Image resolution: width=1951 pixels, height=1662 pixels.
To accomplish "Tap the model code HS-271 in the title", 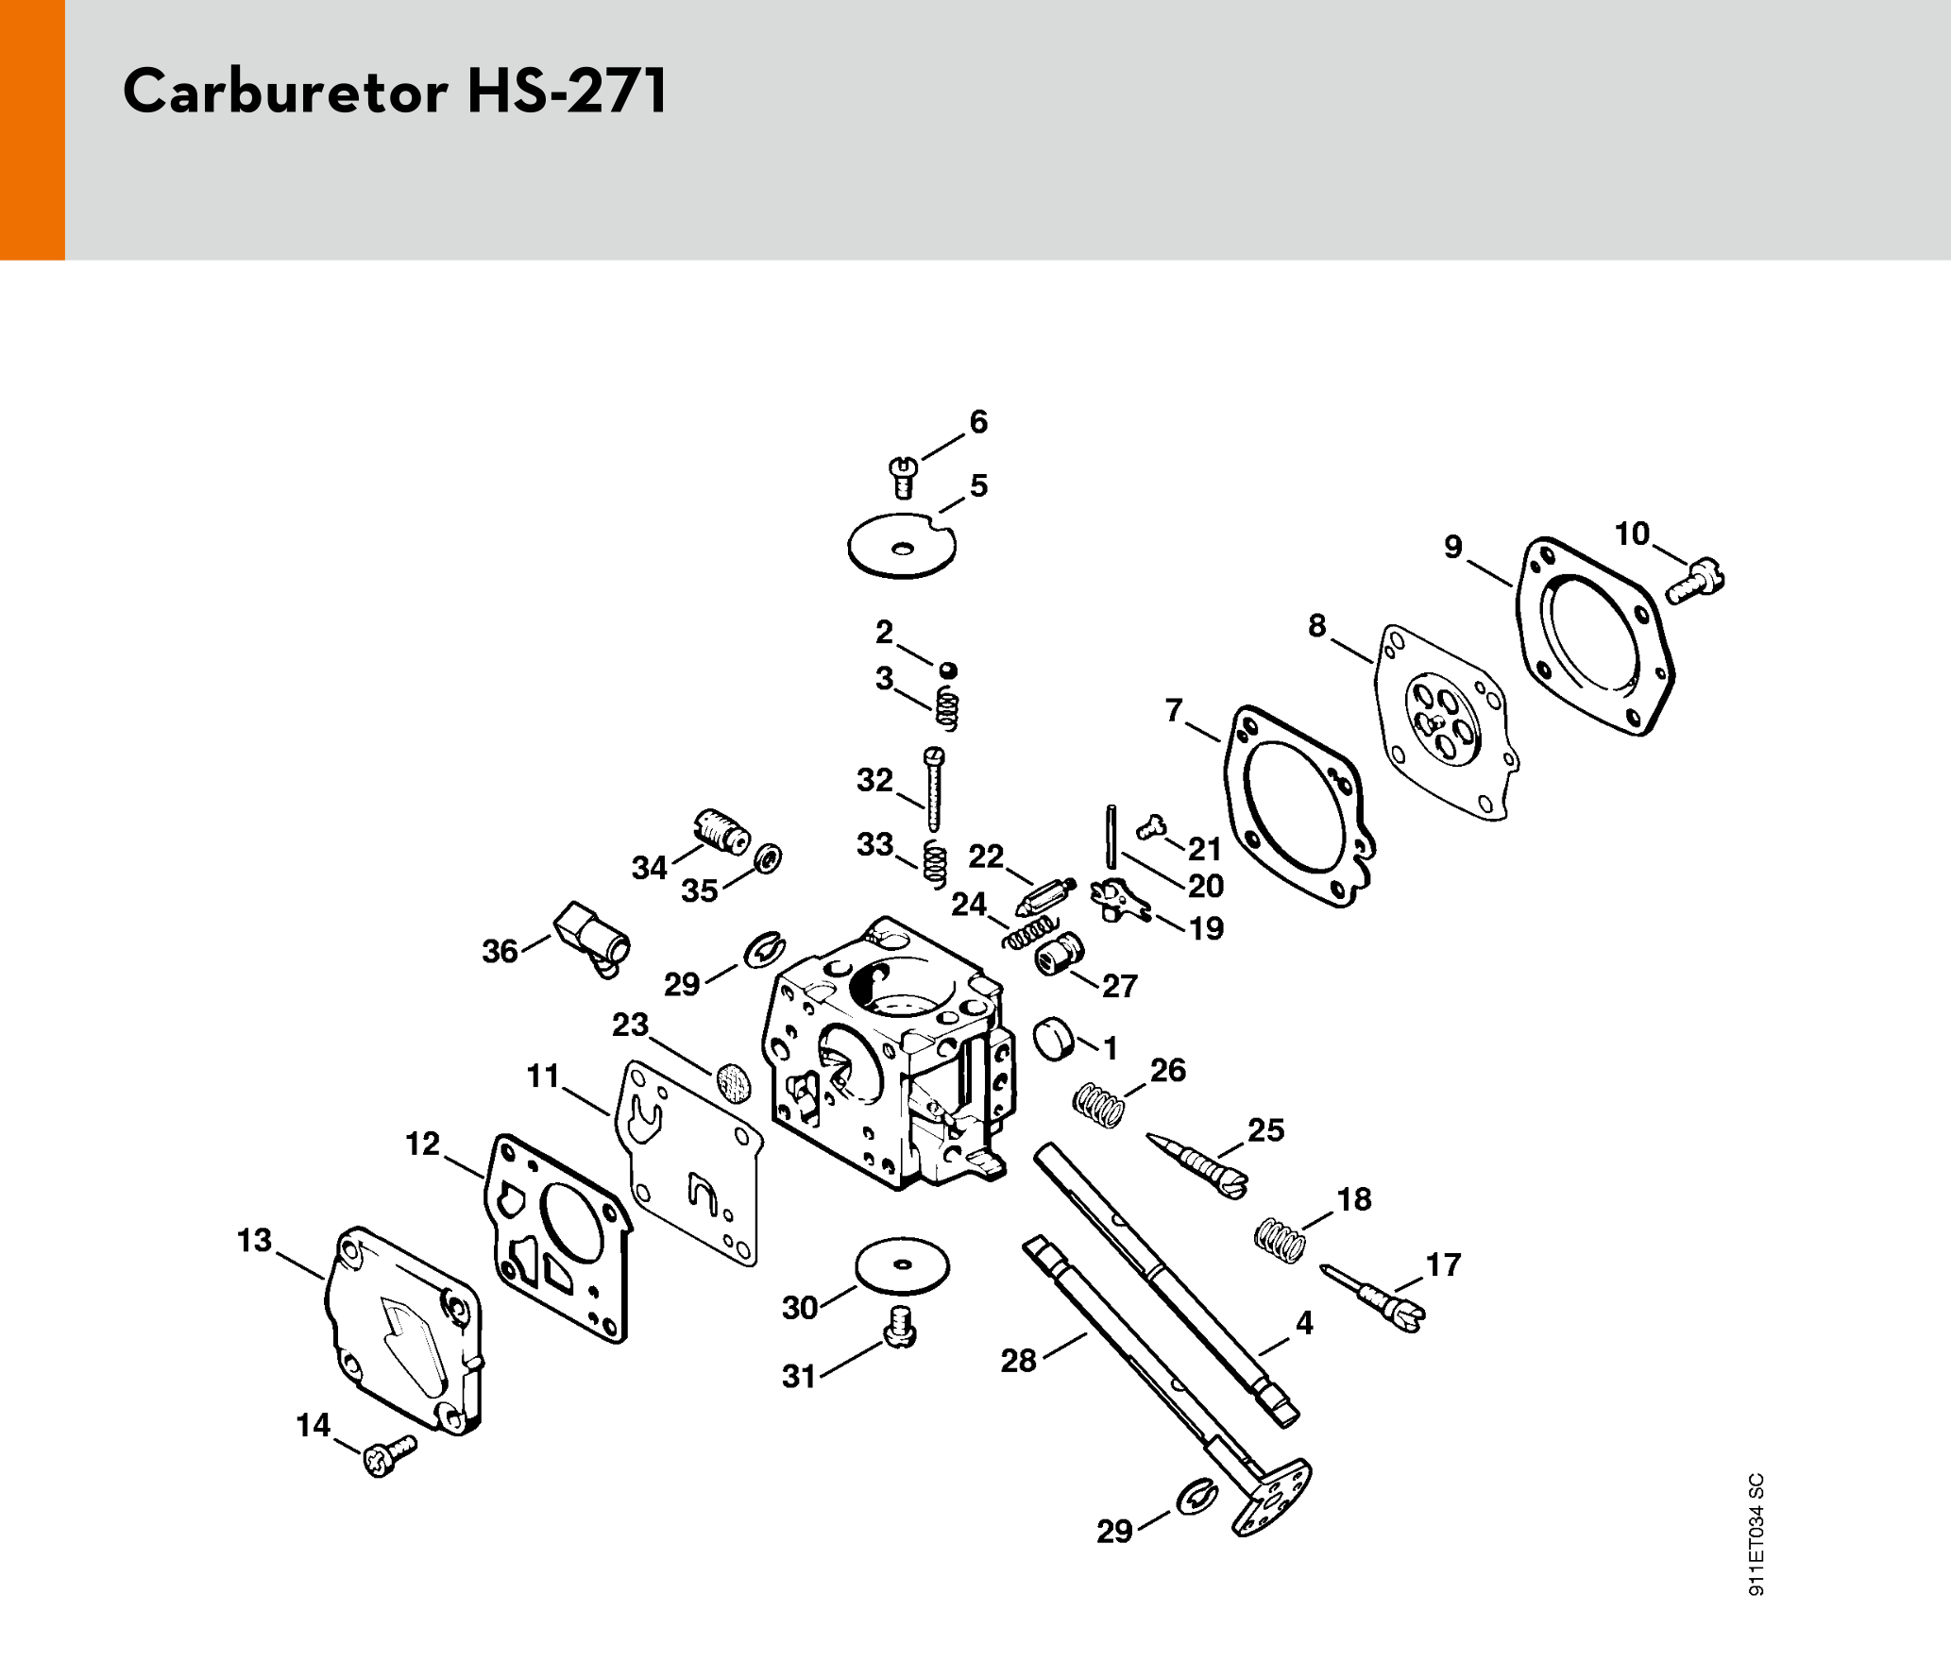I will tap(567, 93).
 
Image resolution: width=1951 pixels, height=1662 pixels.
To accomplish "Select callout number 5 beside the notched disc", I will tap(978, 485).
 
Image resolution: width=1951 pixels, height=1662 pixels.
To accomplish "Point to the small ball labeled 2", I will tap(948, 670).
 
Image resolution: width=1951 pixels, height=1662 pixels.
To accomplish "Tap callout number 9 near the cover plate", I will tap(1453, 547).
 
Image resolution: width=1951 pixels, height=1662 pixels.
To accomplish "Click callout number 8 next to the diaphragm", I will tap(1317, 625).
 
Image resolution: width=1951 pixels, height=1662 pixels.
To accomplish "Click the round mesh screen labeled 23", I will tap(734, 1081).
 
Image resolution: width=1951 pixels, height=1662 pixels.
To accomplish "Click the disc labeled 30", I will tap(902, 1265).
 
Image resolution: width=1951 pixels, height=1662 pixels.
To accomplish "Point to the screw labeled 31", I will tap(901, 1327).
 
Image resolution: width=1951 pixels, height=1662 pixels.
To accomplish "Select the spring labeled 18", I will tap(1280, 1240).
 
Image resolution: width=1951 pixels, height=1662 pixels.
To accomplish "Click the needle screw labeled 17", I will tap(1375, 1295).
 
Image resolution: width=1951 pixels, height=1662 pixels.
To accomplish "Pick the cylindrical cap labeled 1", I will tap(1054, 1039).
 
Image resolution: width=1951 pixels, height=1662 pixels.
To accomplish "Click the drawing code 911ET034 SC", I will tap(1756, 1534).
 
